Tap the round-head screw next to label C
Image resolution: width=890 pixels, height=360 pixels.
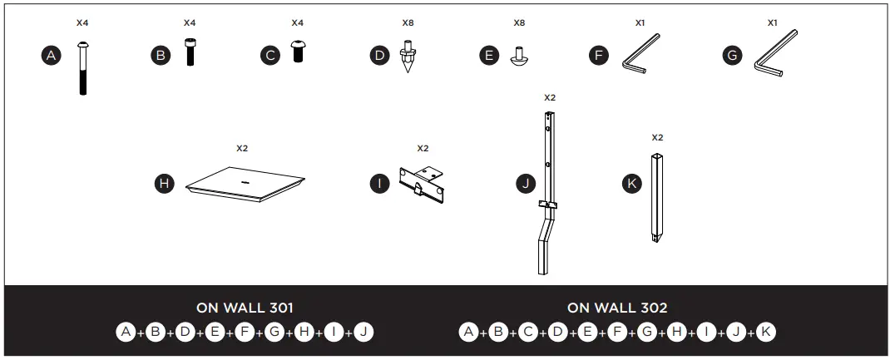click(296, 52)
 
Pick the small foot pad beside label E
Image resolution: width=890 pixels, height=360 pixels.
click(517, 56)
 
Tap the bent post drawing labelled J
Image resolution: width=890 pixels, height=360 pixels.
click(548, 191)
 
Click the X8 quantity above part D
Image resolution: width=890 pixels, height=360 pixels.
click(408, 22)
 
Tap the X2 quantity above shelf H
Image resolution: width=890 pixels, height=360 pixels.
click(242, 148)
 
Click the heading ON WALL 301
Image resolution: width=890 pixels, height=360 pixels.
click(245, 308)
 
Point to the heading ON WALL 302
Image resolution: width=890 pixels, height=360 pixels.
click(616, 308)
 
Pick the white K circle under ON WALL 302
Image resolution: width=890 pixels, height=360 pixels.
click(766, 333)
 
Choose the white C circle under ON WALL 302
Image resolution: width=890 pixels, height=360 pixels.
click(528, 333)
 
